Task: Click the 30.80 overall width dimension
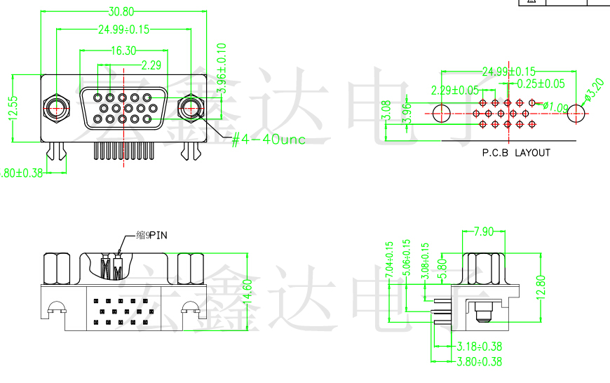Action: click(x=121, y=11)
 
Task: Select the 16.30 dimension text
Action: click(x=123, y=51)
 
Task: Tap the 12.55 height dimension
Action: click(x=13, y=108)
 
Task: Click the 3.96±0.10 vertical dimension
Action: click(x=222, y=68)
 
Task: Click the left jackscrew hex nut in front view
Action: click(x=56, y=109)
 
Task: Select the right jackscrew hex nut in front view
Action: click(x=190, y=109)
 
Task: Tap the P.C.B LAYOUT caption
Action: click(x=516, y=152)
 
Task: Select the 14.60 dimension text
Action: click(x=246, y=291)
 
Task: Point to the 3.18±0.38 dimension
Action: click(x=479, y=347)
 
